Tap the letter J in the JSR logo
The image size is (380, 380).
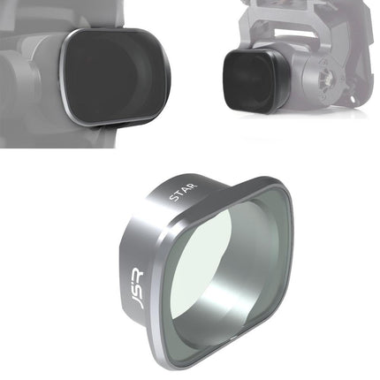(x=134, y=305)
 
